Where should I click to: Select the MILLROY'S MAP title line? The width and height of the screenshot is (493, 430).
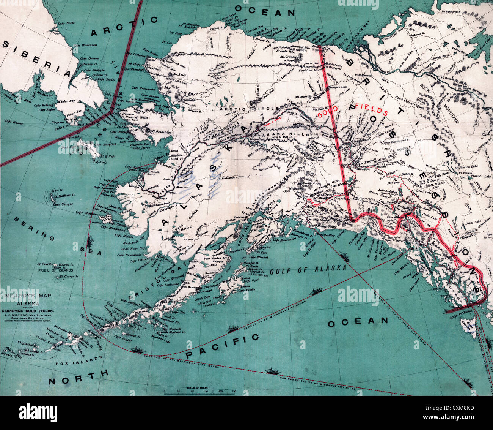coord(27,295)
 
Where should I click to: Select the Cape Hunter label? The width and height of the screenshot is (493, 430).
coord(14,122)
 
